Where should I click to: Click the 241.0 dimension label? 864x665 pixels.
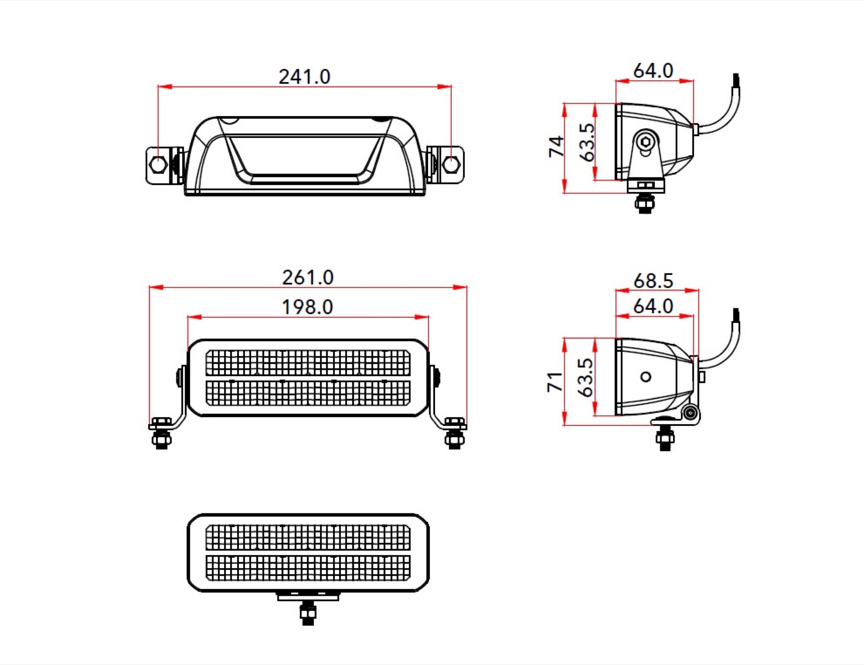(304, 77)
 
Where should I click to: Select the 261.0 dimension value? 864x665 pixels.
(308, 278)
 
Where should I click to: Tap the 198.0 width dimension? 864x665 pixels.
(307, 307)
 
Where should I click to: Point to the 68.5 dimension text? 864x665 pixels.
(653, 281)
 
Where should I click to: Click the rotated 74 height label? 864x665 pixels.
(556, 147)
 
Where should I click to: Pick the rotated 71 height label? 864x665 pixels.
(555, 382)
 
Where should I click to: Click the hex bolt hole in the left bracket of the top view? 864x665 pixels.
(158, 164)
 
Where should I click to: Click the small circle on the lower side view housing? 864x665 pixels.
(646, 377)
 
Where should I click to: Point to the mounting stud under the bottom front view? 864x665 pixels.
(308, 613)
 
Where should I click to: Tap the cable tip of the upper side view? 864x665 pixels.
(736, 80)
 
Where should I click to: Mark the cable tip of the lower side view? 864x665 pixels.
(736, 315)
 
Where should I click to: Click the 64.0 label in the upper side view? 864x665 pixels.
(653, 71)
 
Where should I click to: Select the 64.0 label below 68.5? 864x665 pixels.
(653, 306)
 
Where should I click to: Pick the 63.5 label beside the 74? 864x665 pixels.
(587, 142)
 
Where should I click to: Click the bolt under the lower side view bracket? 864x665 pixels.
(665, 439)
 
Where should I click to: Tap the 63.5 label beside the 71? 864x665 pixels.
(585, 377)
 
